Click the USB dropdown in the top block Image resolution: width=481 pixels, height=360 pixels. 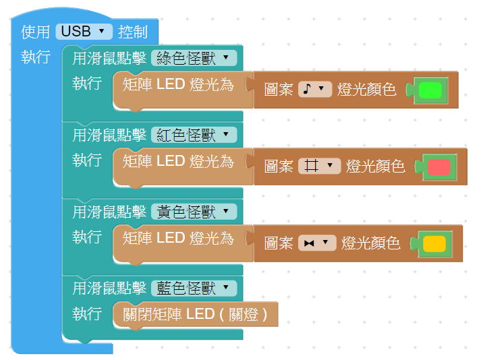tap(84, 31)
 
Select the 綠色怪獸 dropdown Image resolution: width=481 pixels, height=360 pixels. tap(194, 58)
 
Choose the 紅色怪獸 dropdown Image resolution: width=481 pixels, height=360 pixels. tap(194, 135)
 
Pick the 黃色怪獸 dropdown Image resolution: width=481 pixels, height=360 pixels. tap(194, 212)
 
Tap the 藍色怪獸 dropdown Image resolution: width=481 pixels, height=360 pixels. tap(194, 289)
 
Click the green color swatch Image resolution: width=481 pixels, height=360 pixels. tap(430, 90)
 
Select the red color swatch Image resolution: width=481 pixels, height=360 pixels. tap(438, 167)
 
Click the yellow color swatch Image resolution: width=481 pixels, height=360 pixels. tap(434, 243)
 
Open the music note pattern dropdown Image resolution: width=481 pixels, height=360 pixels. tap(315, 89)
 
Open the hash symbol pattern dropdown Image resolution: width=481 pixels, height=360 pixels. tap(319, 166)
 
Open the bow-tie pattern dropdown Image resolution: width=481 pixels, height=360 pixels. tap(317, 243)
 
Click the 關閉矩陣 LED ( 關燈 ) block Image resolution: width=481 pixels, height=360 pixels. tap(195, 314)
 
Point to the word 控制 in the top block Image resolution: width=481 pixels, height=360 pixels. tap(132, 31)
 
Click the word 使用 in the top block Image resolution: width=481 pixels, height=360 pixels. tap(36, 31)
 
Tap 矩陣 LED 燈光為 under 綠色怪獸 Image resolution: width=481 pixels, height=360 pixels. tap(178, 84)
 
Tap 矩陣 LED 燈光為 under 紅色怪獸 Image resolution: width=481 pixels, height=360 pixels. tap(178, 161)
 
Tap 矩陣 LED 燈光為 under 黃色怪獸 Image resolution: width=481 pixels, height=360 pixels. tap(178, 238)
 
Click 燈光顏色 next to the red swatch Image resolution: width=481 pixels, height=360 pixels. tap(376, 166)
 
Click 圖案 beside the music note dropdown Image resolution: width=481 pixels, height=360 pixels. tap(278, 89)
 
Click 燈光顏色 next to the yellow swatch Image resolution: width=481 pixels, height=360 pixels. tap(371, 243)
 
